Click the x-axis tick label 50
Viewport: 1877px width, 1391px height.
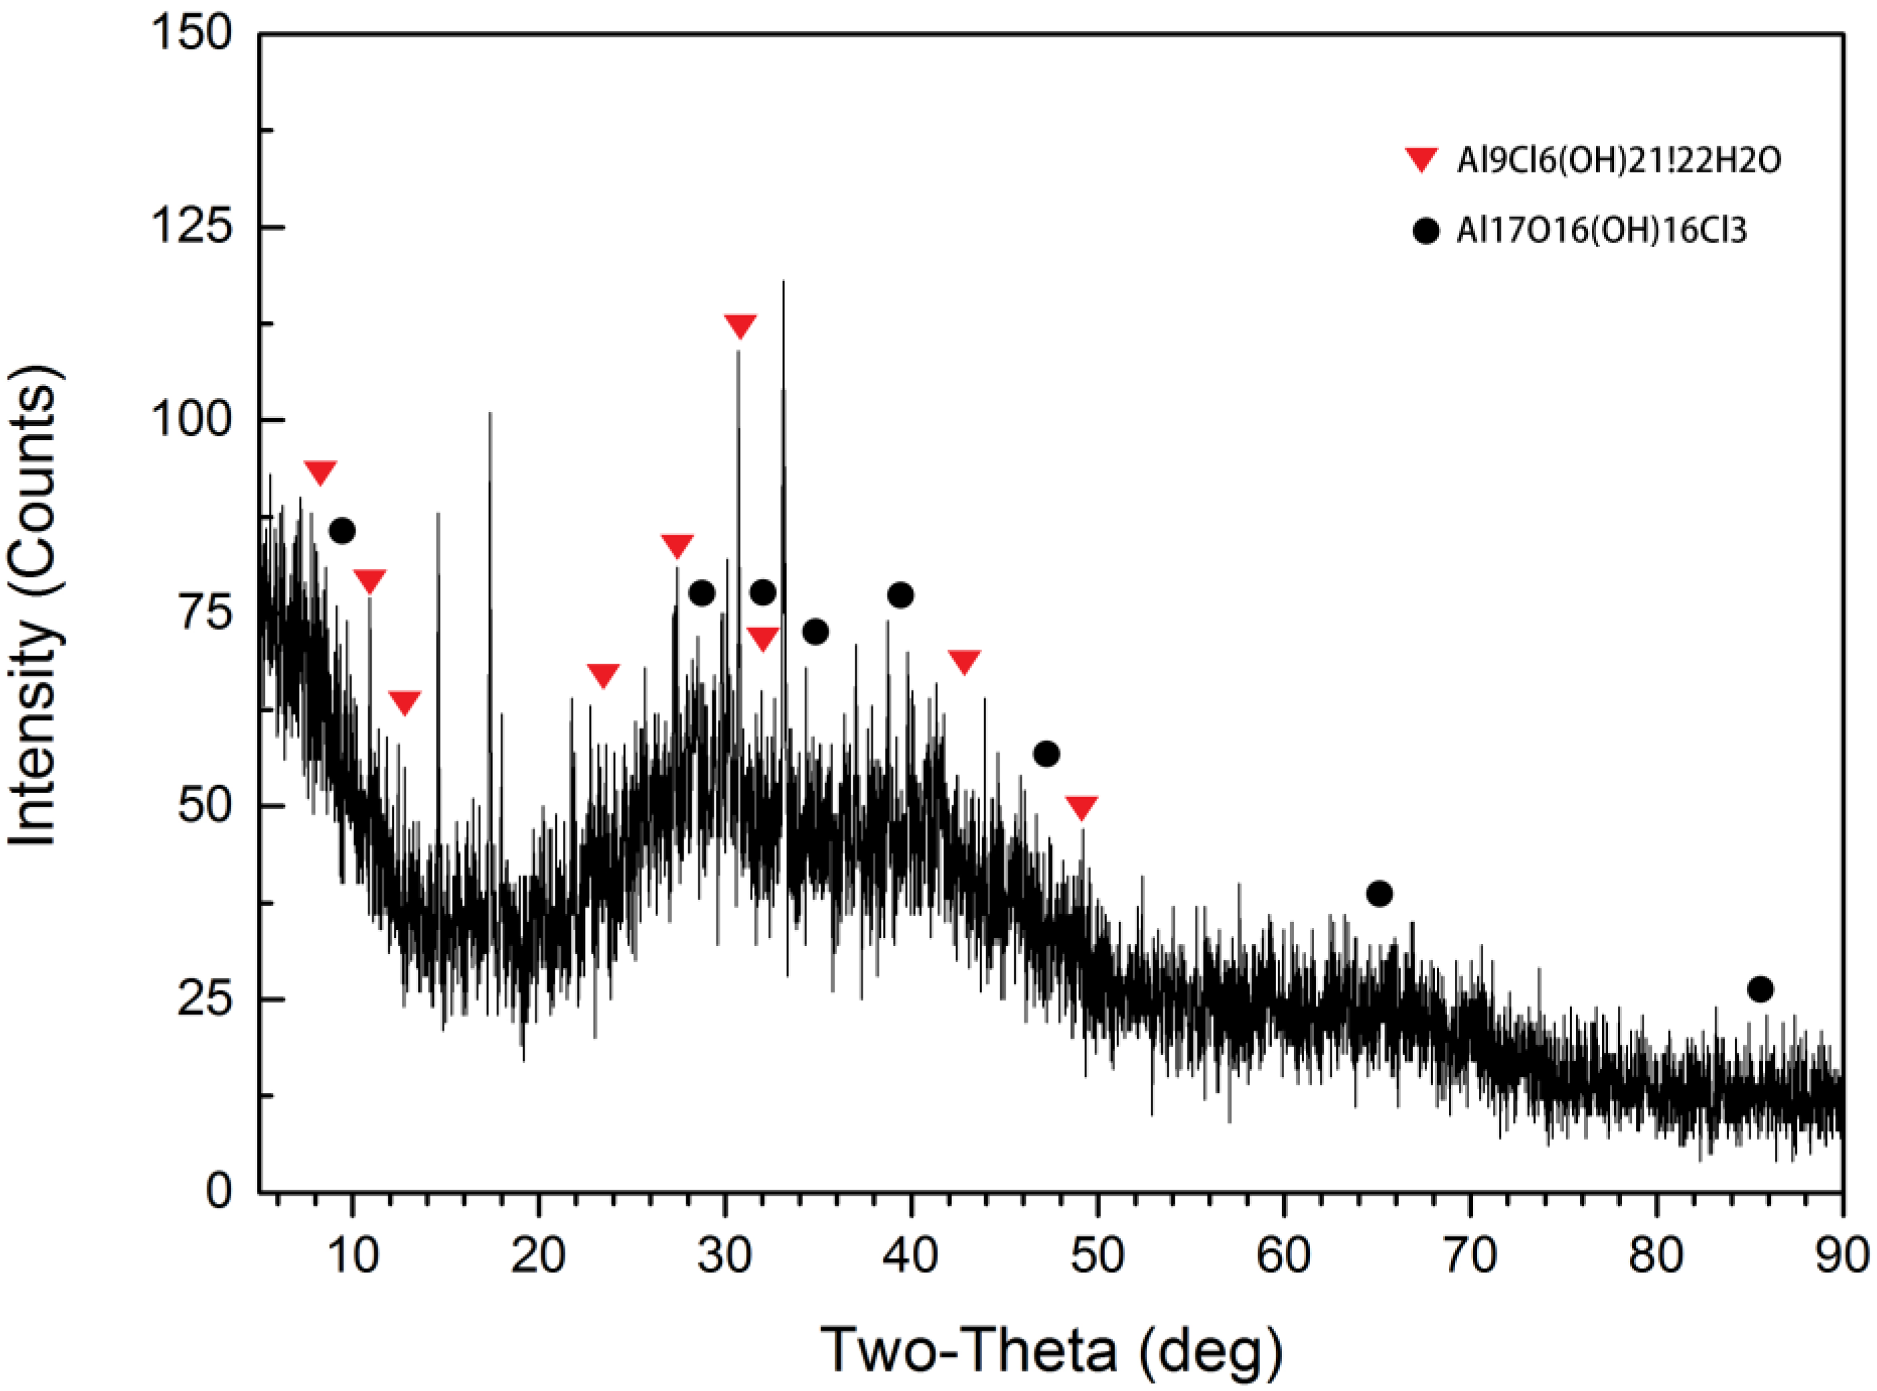[x=1097, y=1255]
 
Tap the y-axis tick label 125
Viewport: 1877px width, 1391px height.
[x=191, y=227]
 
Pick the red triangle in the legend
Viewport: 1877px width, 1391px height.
[x=1422, y=159]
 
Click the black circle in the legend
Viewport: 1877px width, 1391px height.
[x=1425, y=230]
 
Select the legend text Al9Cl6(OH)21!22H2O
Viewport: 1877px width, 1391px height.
[x=1619, y=160]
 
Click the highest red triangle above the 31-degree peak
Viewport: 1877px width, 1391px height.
[x=740, y=325]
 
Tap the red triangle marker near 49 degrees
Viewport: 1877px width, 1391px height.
[x=1081, y=807]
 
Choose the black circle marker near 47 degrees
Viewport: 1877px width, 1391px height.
[x=1047, y=754]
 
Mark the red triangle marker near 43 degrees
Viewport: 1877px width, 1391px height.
[x=964, y=661]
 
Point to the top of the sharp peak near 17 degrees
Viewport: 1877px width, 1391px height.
[x=490, y=413]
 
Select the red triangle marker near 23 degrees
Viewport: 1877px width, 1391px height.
[x=602, y=675]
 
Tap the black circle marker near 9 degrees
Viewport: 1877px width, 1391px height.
[x=341, y=531]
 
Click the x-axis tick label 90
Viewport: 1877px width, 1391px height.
[x=1841, y=1255]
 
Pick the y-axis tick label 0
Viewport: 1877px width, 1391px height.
[x=219, y=1192]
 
